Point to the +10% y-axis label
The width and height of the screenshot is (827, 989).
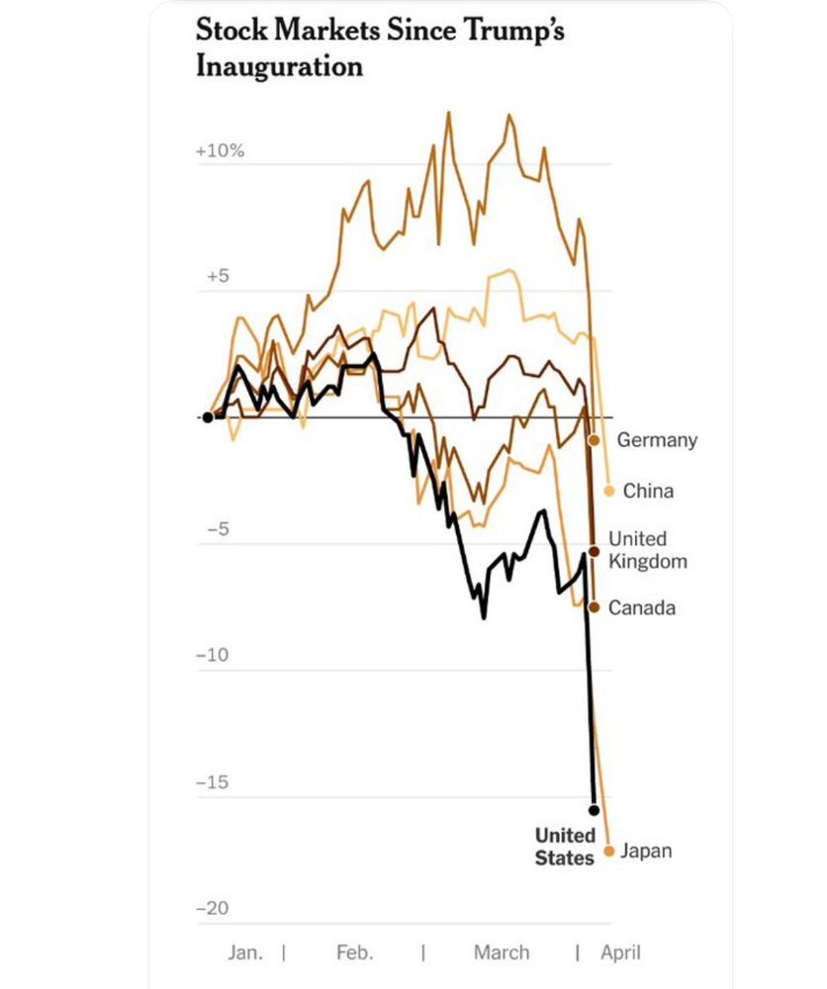point(220,151)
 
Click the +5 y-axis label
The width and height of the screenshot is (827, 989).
point(219,277)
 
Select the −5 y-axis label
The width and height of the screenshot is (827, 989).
point(216,530)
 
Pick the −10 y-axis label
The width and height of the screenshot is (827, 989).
point(214,656)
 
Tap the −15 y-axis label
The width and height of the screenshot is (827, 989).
point(214,782)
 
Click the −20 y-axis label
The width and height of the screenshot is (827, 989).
point(214,908)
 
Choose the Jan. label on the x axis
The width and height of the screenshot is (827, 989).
point(246,952)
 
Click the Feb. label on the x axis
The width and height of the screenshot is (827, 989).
point(355,952)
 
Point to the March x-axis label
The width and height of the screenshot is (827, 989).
point(501,952)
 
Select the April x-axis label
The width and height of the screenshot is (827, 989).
point(620,952)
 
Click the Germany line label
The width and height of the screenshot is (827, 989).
point(657,440)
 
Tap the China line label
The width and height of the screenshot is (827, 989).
point(648,491)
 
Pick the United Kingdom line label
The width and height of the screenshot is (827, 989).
point(647,550)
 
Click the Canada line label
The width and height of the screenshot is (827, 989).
point(642,607)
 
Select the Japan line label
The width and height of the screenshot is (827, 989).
point(645,851)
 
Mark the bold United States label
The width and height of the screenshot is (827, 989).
point(565,847)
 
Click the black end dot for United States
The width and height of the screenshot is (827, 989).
point(594,810)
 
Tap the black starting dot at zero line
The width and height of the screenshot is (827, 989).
point(208,417)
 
